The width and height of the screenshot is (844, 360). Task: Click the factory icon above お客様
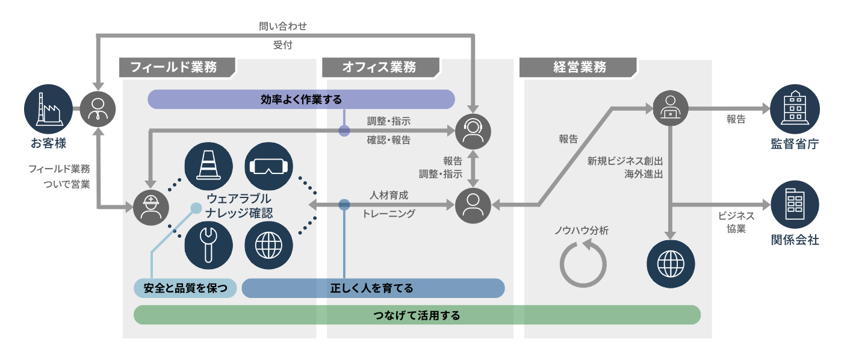(48, 109)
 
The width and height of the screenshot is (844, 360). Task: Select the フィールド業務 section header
(177, 67)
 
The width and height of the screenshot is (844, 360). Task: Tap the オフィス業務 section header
(379, 67)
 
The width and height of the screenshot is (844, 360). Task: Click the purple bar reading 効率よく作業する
(301, 99)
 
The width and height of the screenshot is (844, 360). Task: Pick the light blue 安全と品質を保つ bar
(185, 288)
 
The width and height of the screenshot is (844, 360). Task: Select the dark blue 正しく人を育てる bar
(373, 288)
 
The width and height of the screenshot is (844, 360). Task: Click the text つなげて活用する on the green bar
(417, 315)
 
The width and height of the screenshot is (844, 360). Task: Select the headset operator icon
(473, 131)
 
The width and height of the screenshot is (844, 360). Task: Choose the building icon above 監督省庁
(795, 109)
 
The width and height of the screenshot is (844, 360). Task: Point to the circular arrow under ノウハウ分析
(583, 263)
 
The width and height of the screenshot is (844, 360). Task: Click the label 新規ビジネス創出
(625, 161)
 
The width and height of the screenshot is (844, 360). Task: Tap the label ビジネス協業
(736, 222)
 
